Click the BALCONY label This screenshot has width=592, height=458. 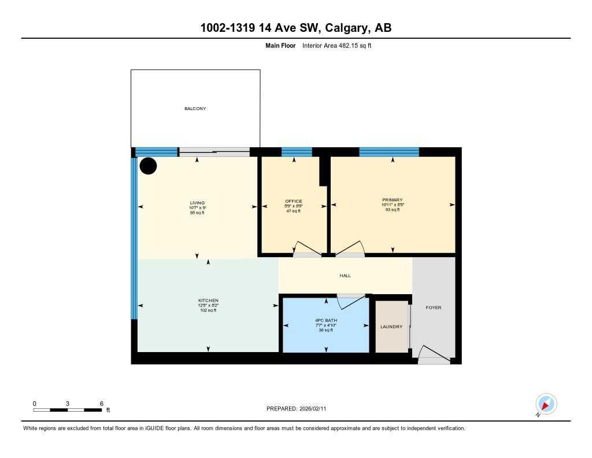click(195, 109)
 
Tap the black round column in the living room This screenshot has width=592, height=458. click(149, 166)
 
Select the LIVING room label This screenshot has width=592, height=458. click(197, 203)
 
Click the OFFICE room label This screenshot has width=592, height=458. click(294, 201)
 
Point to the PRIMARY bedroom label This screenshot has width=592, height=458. click(392, 200)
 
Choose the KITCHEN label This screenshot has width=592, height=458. click(208, 301)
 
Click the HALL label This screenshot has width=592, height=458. click(345, 276)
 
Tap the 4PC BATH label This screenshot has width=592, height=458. click(326, 320)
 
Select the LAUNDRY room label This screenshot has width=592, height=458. click(391, 327)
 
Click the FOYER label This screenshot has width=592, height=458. click(433, 307)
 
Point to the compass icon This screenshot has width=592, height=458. click(546, 404)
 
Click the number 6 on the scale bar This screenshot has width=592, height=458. click(102, 403)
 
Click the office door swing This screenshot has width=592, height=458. click(306, 249)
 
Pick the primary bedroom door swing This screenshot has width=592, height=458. click(350, 249)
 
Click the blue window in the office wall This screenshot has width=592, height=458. click(297, 152)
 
